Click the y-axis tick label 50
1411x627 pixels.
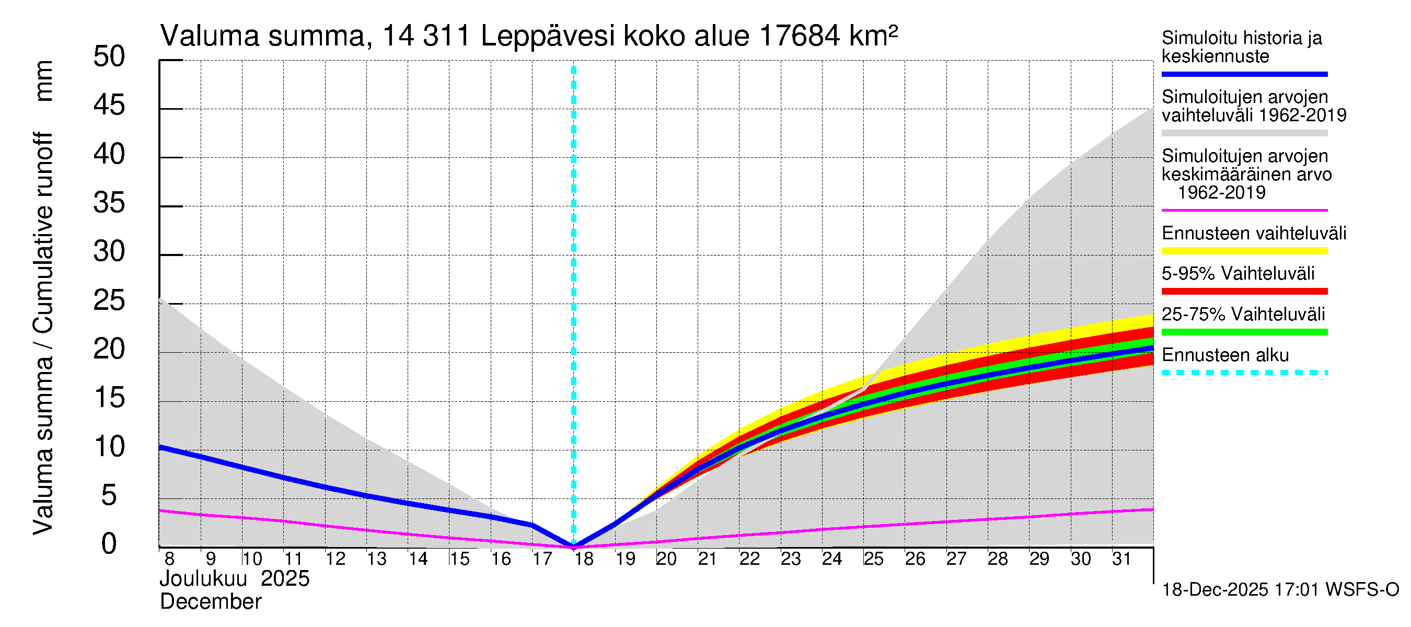click(109, 57)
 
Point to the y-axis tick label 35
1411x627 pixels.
click(109, 203)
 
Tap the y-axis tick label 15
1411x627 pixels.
click(109, 398)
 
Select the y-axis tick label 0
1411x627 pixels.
click(109, 544)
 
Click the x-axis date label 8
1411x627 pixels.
click(169, 559)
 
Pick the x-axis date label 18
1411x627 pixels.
click(583, 559)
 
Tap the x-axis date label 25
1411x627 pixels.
click(873, 559)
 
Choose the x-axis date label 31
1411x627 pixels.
click(1121, 559)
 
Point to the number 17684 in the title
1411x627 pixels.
click(799, 37)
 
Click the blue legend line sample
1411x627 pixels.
click(1244, 74)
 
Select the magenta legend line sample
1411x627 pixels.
click(1244, 210)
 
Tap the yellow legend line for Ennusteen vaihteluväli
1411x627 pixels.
click(1244, 251)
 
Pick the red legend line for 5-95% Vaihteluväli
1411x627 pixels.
click(1244, 292)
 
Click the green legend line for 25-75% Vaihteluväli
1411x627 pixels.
click(1244, 332)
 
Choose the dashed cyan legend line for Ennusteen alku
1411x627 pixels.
click(1244, 373)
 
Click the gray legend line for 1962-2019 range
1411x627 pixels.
click(1244, 133)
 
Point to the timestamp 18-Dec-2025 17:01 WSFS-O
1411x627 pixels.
click(1280, 590)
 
